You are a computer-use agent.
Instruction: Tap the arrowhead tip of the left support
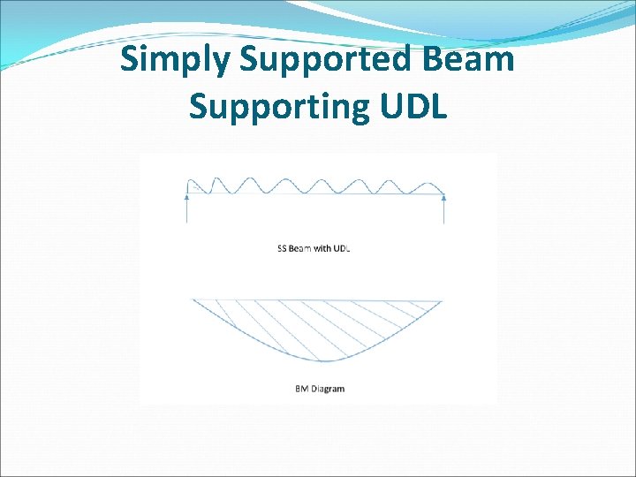point(187,196)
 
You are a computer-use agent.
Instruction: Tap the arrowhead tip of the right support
point(443,196)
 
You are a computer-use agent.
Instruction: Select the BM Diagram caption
point(320,389)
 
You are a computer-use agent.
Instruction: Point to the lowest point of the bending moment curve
point(323,361)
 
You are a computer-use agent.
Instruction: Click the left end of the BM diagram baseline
point(193,300)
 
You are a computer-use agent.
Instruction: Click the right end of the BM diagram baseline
point(441,300)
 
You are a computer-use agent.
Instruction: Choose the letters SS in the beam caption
point(281,248)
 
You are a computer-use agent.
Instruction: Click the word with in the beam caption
point(322,248)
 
